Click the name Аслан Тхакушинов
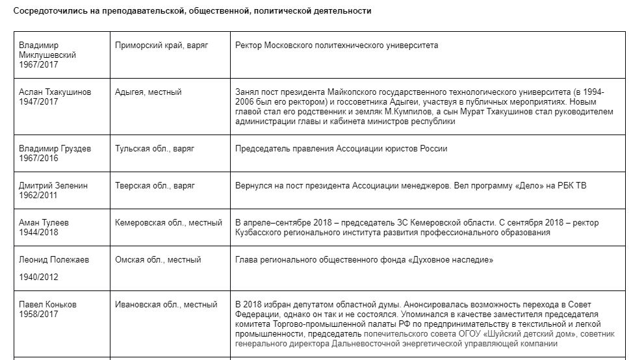[x=55, y=92]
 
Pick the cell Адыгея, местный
[x=148, y=92]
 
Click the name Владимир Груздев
[x=55, y=149]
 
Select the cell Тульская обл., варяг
[x=155, y=149]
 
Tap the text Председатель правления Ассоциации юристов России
[x=341, y=149]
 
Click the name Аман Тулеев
[x=44, y=223]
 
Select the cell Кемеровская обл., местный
[x=166, y=223]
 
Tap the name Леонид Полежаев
[x=54, y=260]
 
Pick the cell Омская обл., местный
[x=158, y=260]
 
